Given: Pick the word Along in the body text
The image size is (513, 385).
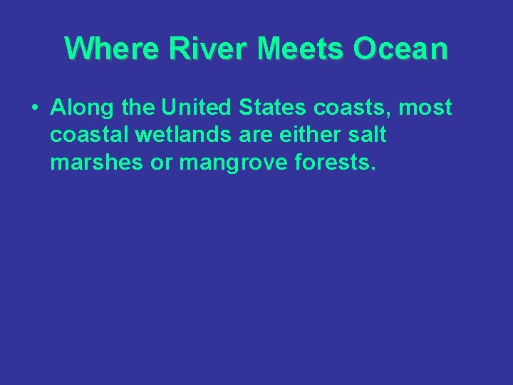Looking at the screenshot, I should click(x=80, y=108).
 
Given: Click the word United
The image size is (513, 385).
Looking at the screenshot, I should click(x=196, y=108).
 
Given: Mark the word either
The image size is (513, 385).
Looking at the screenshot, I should click(x=316, y=135).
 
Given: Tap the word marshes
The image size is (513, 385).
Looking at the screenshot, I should click(x=96, y=163).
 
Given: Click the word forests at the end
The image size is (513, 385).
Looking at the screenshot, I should click(x=337, y=163).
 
